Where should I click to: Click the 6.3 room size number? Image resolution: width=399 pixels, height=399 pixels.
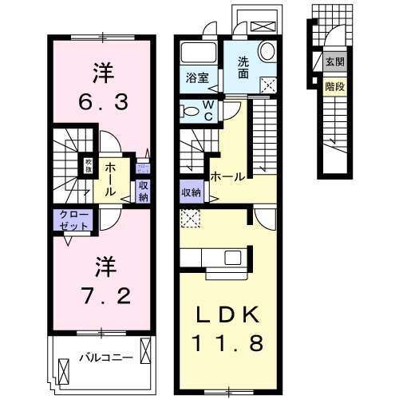click(x=103, y=103)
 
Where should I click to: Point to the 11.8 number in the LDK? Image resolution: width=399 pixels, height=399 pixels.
click(x=228, y=346)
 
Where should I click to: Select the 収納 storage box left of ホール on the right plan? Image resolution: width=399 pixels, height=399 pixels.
click(x=191, y=192)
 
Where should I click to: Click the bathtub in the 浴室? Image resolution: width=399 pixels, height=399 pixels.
click(x=196, y=55)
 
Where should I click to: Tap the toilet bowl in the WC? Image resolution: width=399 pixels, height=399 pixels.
click(x=192, y=111)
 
